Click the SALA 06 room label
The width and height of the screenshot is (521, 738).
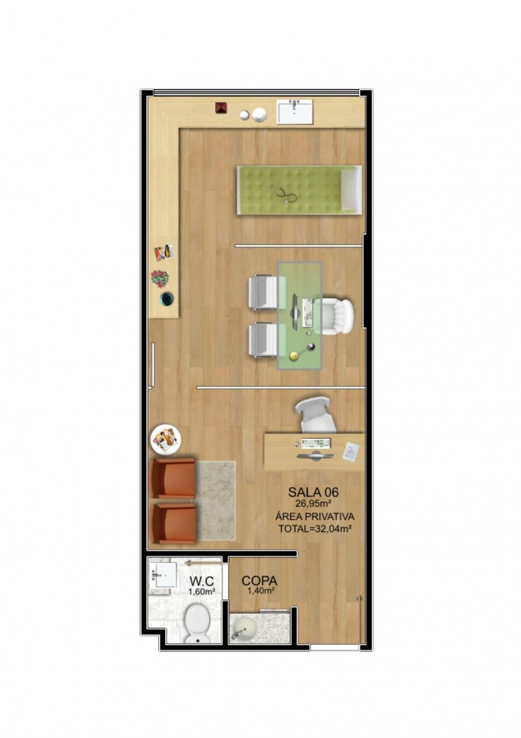pos(313,492)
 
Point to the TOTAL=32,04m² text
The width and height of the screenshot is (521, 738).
pos(315,529)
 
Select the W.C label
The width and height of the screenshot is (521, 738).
pos(202,582)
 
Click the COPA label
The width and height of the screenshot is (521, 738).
pos(259,582)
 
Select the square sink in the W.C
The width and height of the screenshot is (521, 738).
pos(163,574)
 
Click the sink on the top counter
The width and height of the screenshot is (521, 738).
pos(295,111)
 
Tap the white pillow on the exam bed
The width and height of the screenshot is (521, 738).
pos(351,190)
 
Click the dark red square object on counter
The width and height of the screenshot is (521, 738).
pos(221,108)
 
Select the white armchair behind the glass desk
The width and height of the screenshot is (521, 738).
pos(333,316)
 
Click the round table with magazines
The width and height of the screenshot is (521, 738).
pos(165,440)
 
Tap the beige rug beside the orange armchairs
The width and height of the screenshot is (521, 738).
pos(216,500)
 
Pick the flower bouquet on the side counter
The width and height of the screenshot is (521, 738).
pos(160,278)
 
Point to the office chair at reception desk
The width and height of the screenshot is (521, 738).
pos(316,414)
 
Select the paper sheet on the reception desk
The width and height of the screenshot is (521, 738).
pos(350,452)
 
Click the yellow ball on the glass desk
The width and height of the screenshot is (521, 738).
pos(293,356)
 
